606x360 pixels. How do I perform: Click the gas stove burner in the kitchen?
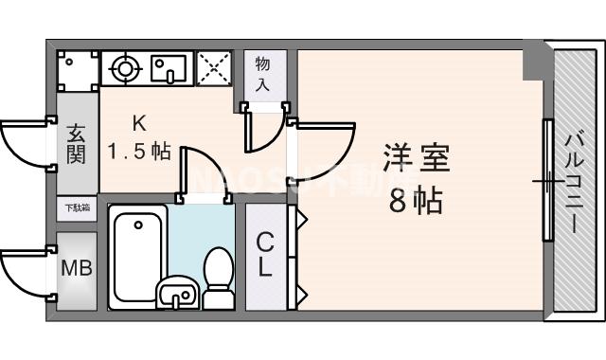click(124, 67)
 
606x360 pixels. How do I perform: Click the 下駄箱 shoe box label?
click(77, 207)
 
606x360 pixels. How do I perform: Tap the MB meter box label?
click(77, 269)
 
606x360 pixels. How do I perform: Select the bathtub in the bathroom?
click(138, 257)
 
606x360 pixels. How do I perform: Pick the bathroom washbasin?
click(177, 294)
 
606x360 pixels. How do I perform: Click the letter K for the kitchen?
click(138, 122)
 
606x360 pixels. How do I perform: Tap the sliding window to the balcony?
click(546, 180)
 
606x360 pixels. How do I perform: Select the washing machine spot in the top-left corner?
click(77, 69)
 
